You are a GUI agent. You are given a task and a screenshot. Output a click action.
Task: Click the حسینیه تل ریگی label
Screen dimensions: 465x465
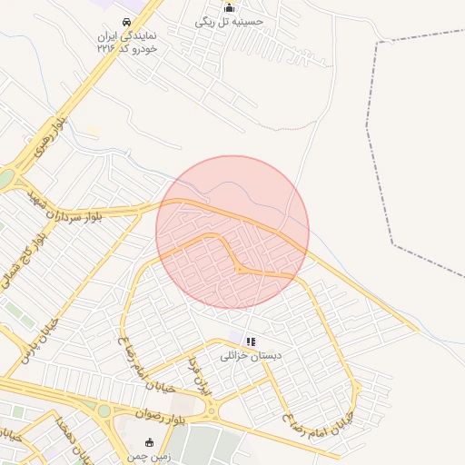click(229, 22)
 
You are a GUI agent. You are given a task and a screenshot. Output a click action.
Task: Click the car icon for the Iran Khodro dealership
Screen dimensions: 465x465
click(125, 24)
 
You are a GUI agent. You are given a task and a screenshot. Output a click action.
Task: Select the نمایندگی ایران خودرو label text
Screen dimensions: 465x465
click(126, 42)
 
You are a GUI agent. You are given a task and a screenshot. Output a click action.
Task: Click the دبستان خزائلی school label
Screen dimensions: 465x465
click(252, 355)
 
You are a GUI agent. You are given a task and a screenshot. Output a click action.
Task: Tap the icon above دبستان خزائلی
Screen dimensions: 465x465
click(251, 341)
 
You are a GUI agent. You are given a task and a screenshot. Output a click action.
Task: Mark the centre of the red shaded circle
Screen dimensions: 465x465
click(232, 232)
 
